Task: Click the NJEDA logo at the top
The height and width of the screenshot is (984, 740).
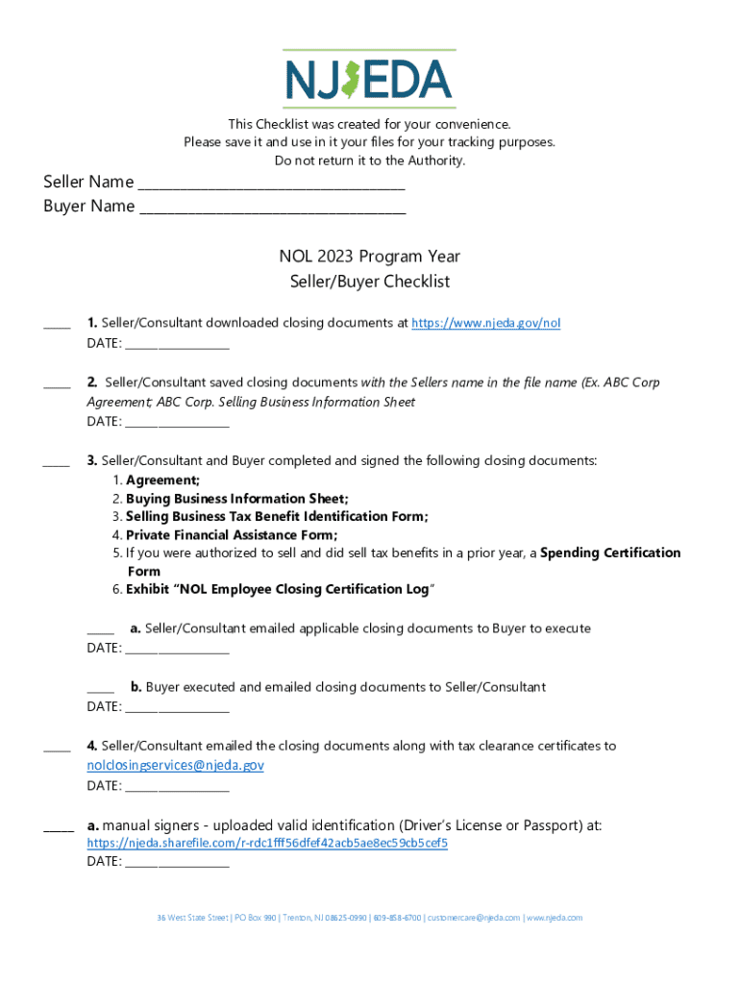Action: click(x=369, y=79)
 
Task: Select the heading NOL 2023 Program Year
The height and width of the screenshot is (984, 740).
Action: click(x=369, y=257)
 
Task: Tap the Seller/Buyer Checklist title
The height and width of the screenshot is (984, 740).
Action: click(x=369, y=282)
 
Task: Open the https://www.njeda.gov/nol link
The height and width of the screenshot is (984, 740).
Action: click(x=485, y=323)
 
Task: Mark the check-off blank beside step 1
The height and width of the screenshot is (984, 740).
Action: click(x=57, y=327)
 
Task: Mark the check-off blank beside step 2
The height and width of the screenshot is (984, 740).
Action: click(x=57, y=385)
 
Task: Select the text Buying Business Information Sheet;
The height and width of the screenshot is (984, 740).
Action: click(x=237, y=499)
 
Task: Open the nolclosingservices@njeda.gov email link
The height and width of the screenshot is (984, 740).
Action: click(x=175, y=765)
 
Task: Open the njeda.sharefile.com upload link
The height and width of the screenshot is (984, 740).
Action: click(x=267, y=843)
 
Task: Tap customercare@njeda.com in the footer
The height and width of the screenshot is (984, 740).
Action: click(x=472, y=918)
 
